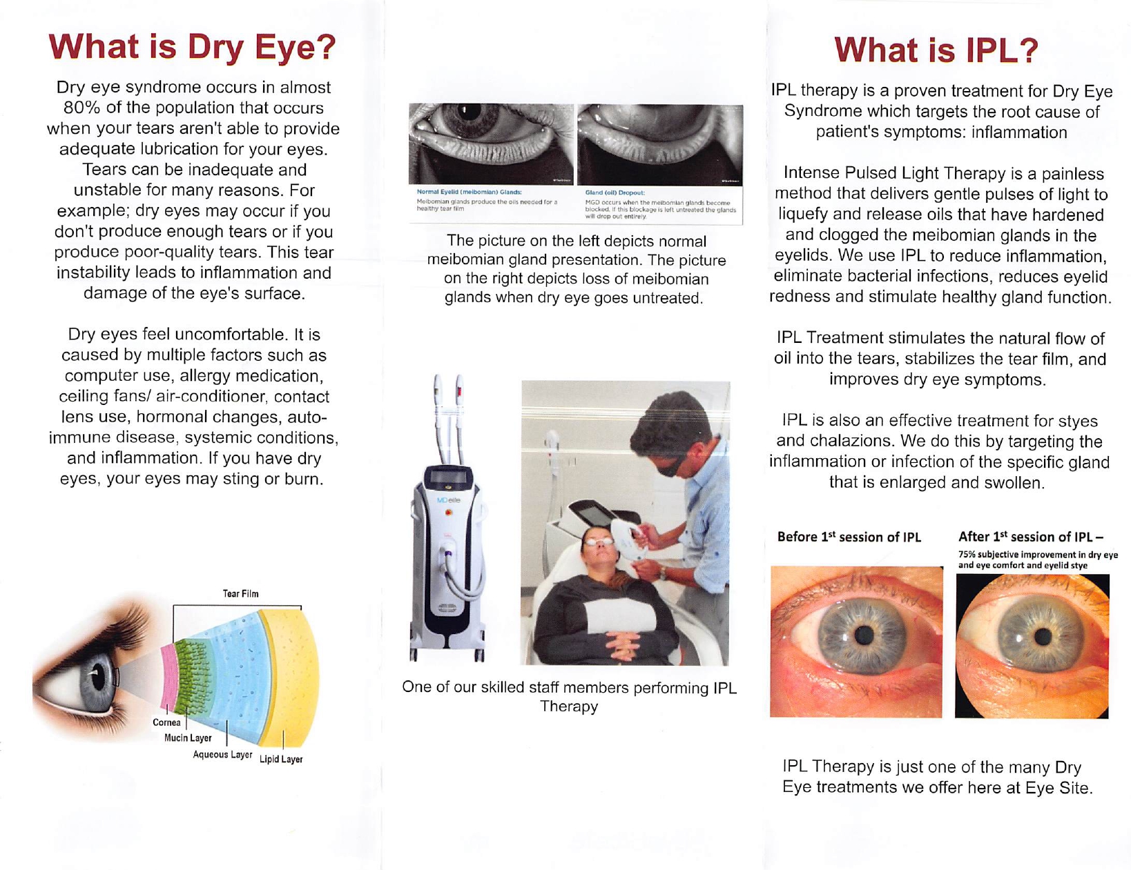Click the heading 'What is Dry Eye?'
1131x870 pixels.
point(192,47)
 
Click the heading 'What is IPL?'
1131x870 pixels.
point(936,50)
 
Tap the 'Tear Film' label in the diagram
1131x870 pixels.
point(240,593)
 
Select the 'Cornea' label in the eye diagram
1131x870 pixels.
point(166,722)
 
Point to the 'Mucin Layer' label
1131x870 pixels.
point(188,738)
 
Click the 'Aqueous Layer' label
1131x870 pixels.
point(222,754)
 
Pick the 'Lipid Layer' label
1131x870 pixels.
point(281,759)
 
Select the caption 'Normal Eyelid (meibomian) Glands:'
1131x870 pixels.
point(469,192)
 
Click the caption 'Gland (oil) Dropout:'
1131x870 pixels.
point(615,192)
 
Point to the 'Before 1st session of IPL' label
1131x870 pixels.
point(849,537)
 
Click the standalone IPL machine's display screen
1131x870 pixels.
point(448,477)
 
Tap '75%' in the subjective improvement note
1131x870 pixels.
point(967,555)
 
